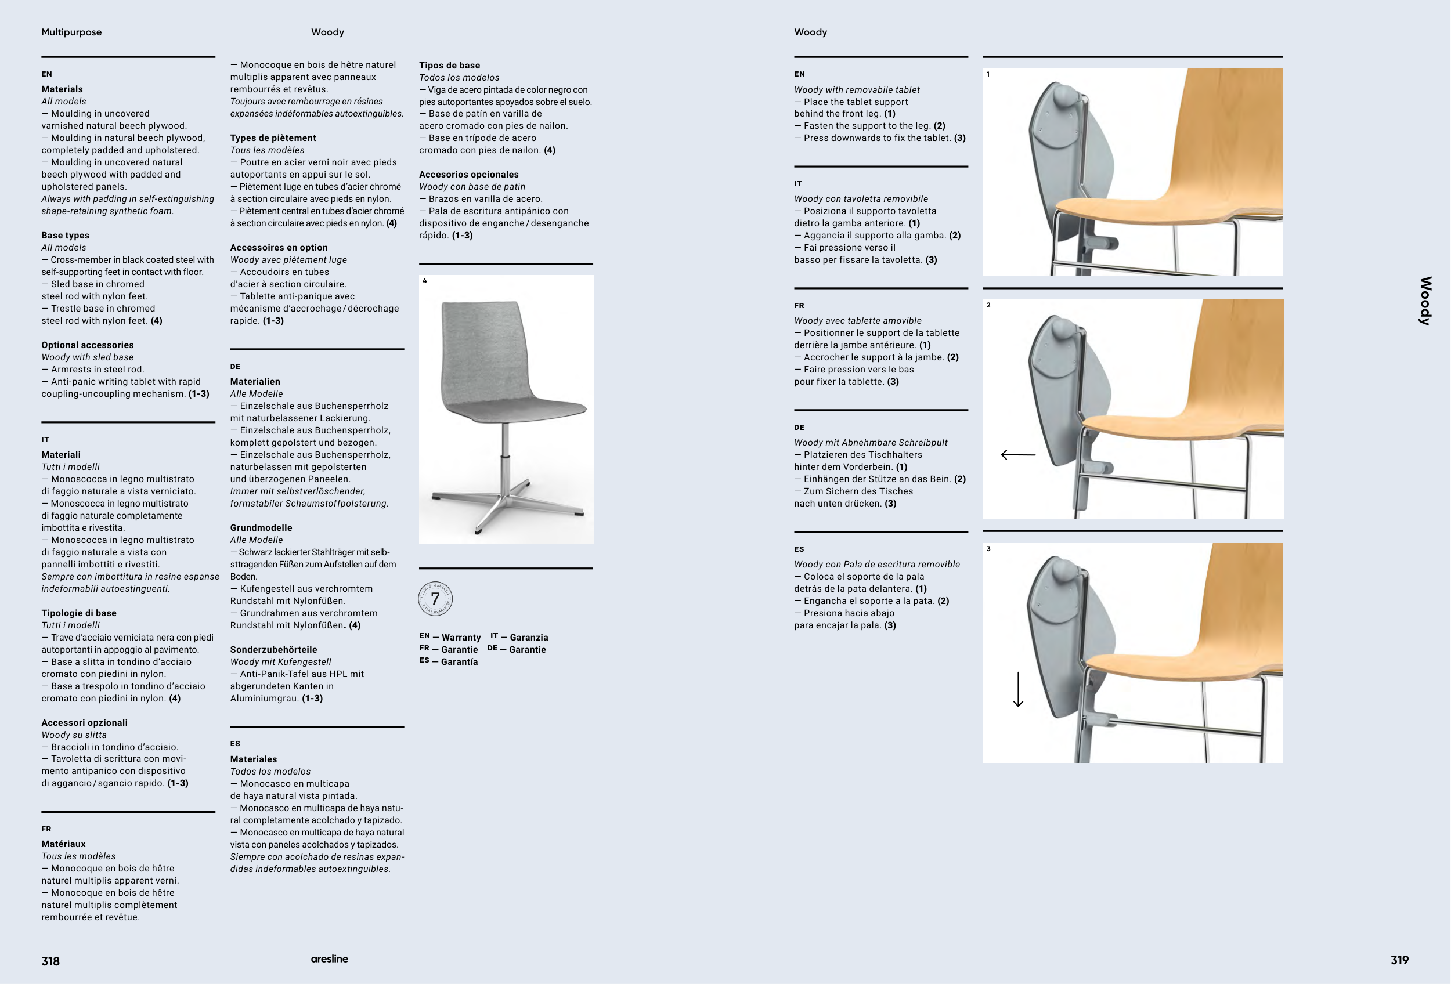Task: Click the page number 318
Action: pyautogui.click(x=50, y=961)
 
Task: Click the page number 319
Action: pyautogui.click(x=1399, y=960)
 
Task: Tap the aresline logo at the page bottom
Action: pyautogui.click(x=329, y=959)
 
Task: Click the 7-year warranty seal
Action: pyautogui.click(x=435, y=599)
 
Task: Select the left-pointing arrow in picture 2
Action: pyautogui.click(x=1017, y=455)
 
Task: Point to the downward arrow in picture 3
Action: pyautogui.click(x=1017, y=689)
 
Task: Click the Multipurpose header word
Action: pyautogui.click(x=71, y=32)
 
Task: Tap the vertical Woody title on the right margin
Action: pyautogui.click(x=1425, y=301)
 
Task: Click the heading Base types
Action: pyautogui.click(x=65, y=235)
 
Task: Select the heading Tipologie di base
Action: pyautogui.click(x=79, y=613)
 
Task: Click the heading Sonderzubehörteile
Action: pyautogui.click(x=273, y=650)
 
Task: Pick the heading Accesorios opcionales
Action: pyautogui.click(x=468, y=174)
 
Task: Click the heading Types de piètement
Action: pyautogui.click(x=273, y=138)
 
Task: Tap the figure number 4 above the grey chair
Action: pyautogui.click(x=424, y=281)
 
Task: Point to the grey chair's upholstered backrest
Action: pyautogui.click(x=481, y=349)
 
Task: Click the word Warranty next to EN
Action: pyautogui.click(x=461, y=637)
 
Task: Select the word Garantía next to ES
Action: pyautogui.click(x=459, y=661)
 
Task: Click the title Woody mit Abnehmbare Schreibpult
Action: pyautogui.click(x=871, y=443)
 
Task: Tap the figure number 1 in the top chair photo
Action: pyautogui.click(x=988, y=74)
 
